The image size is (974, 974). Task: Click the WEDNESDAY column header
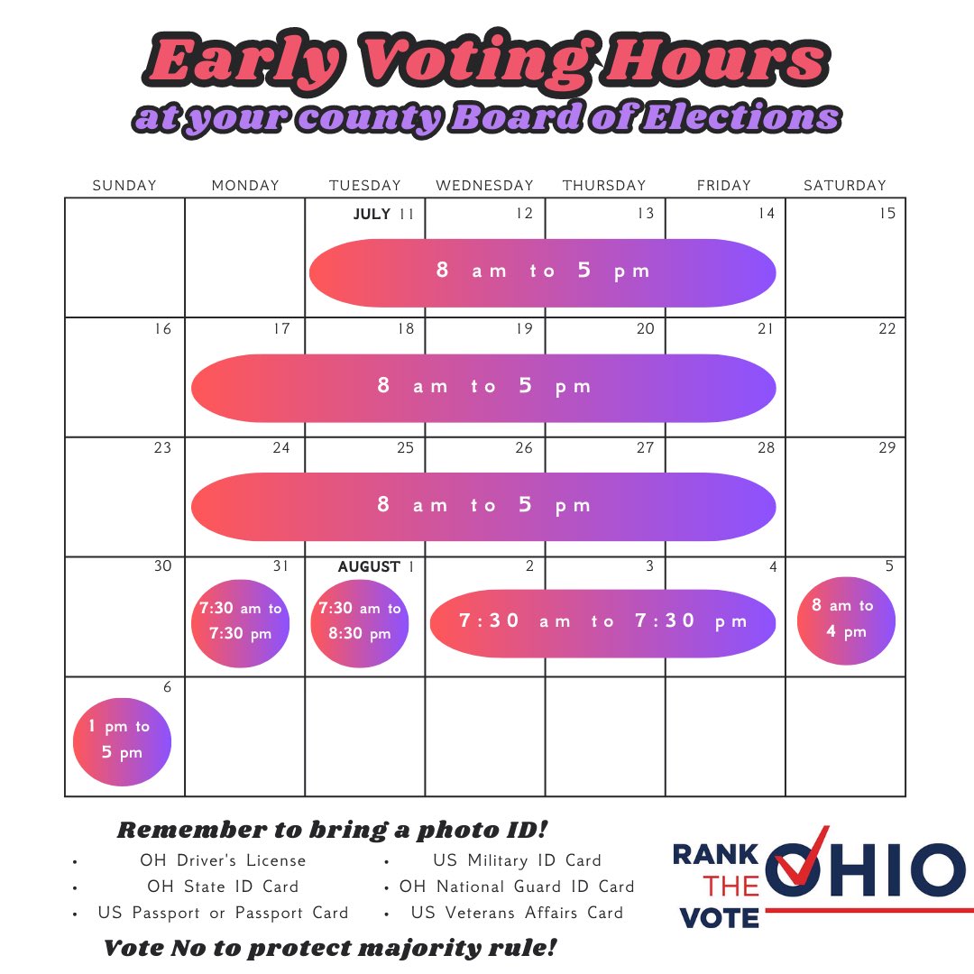click(484, 186)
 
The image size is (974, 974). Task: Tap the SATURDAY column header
click(844, 186)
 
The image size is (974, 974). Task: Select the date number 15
click(887, 214)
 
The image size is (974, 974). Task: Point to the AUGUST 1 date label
click(376, 567)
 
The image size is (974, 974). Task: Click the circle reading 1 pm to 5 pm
click(121, 740)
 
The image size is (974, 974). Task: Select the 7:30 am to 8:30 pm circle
click(359, 621)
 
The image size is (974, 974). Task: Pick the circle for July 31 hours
click(241, 621)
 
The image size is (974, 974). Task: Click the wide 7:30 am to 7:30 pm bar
click(602, 621)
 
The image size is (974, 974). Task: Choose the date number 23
click(162, 448)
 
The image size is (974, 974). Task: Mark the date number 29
click(887, 448)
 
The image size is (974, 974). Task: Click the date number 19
click(524, 329)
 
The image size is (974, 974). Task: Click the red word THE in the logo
click(732, 886)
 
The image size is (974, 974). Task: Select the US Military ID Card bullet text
click(517, 860)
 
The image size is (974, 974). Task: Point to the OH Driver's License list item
click(223, 860)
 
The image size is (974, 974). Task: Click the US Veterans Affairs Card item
click(517, 913)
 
